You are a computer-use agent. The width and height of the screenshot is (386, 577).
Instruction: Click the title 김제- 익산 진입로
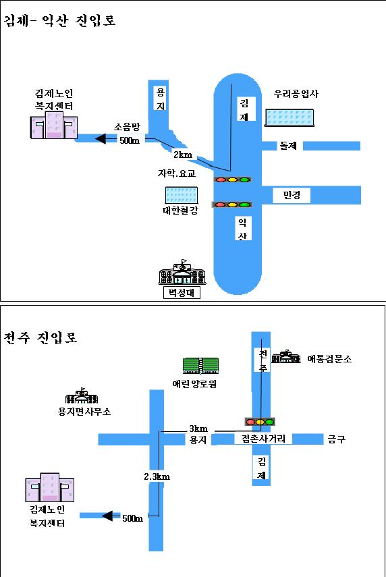pyautogui.click(x=60, y=20)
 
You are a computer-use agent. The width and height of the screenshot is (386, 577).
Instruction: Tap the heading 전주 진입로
pyautogui.click(x=41, y=337)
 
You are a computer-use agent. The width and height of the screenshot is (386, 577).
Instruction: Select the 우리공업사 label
pyautogui.click(x=296, y=94)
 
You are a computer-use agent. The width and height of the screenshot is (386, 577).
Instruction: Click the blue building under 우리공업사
pyautogui.click(x=290, y=117)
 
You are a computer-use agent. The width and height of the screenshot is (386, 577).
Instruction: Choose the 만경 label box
pyautogui.click(x=292, y=195)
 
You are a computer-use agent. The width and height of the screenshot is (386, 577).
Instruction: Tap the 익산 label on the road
pyautogui.click(x=242, y=229)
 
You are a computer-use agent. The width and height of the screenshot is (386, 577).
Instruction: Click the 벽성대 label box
pyautogui.click(x=182, y=292)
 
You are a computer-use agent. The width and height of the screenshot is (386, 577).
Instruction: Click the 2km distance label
pyautogui.click(x=183, y=155)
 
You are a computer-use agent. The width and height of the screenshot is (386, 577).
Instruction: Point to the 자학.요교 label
pyautogui.click(x=176, y=173)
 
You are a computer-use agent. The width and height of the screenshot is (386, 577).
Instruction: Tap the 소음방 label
pyautogui.click(x=126, y=126)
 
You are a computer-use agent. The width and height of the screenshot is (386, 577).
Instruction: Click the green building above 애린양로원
pyautogui.click(x=200, y=366)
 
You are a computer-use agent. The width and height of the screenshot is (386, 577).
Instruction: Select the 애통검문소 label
pyautogui.click(x=329, y=358)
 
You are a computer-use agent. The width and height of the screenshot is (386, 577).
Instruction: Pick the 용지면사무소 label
pyautogui.click(x=84, y=411)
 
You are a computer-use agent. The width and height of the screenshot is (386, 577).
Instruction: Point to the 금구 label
pyautogui.click(x=336, y=439)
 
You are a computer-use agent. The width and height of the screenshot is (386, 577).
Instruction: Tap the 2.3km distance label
pyautogui.click(x=157, y=476)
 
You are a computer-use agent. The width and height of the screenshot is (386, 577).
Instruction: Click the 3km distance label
pyautogui.click(x=198, y=428)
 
